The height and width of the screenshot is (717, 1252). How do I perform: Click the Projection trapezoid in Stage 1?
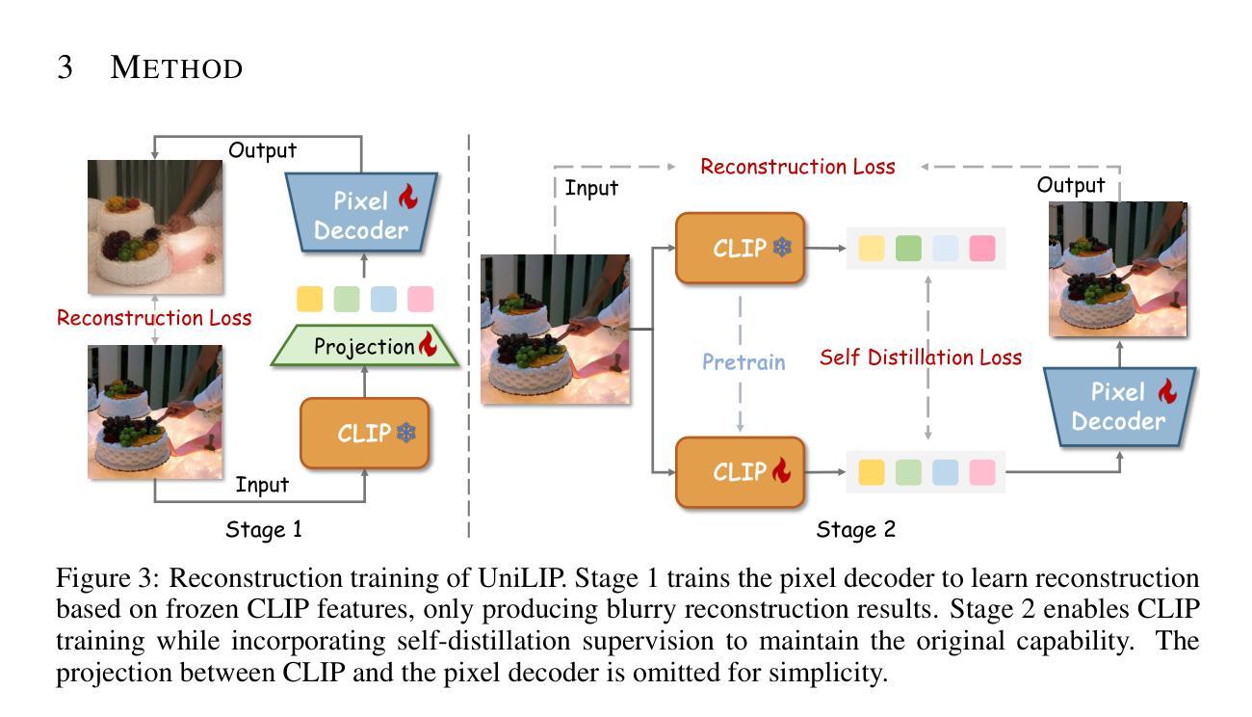click(365, 346)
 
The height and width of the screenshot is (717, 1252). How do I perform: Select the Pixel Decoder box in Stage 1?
click(361, 213)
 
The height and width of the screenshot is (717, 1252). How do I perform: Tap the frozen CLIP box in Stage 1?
click(365, 433)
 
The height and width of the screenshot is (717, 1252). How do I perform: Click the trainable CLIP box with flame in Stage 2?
click(741, 472)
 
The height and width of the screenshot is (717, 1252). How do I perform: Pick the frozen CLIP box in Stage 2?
click(741, 248)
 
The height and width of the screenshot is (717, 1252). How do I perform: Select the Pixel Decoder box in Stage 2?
click(1119, 407)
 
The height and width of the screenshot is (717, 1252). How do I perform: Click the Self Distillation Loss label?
click(921, 358)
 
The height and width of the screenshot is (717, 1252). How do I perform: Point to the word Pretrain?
click(743, 361)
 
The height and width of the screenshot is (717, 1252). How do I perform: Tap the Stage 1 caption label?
click(263, 529)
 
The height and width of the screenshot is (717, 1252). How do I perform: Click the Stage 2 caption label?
click(856, 529)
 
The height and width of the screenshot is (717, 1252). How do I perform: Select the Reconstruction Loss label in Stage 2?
click(797, 167)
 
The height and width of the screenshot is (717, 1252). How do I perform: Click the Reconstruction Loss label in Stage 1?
click(154, 318)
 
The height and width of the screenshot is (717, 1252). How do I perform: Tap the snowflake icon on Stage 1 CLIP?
click(406, 433)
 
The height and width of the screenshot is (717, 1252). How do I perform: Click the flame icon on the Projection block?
click(429, 344)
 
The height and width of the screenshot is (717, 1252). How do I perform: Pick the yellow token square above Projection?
click(310, 299)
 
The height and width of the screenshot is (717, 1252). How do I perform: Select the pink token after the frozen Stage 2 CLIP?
click(982, 249)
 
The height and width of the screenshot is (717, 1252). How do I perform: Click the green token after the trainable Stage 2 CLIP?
click(908, 472)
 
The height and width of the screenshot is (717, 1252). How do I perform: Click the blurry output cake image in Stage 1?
click(155, 227)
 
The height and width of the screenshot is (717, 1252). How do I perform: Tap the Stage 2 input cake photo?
click(556, 330)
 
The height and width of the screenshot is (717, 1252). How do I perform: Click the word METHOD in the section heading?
click(176, 67)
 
